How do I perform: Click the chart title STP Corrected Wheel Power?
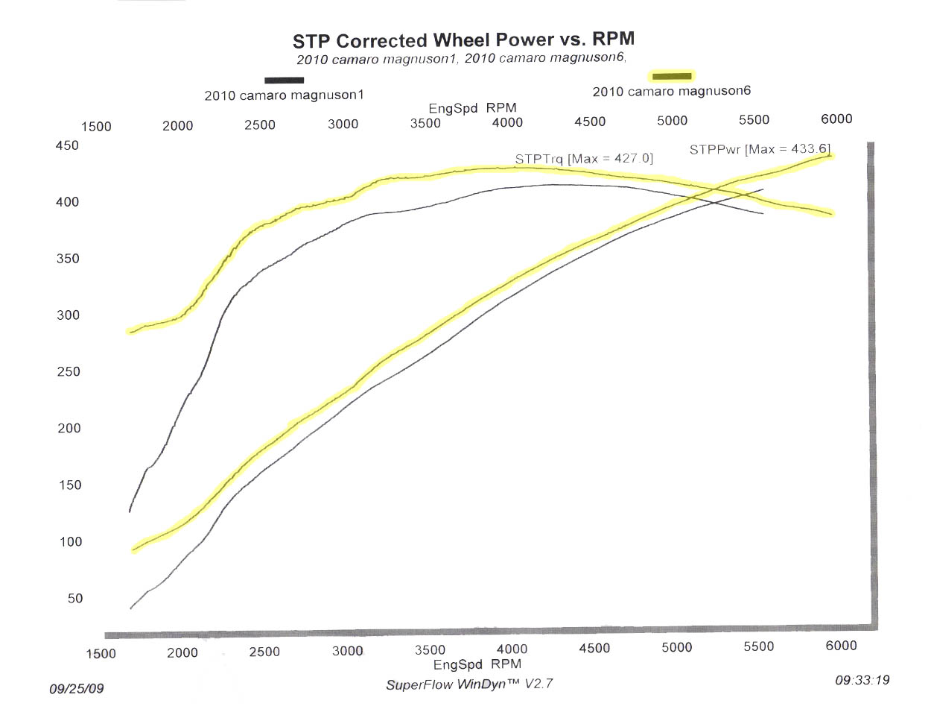point(463,40)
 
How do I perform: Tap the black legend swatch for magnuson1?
point(284,80)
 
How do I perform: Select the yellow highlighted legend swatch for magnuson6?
point(672,75)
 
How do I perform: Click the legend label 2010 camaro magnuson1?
point(284,95)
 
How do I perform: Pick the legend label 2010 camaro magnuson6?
point(671,91)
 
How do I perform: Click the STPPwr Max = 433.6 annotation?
point(759,149)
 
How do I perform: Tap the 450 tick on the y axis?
point(67,145)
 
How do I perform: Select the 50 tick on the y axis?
point(75,598)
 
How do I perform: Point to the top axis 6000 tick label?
point(836,119)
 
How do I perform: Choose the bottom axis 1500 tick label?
point(101,654)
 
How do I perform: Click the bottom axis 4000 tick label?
point(512,649)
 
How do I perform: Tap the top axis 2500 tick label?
point(260,125)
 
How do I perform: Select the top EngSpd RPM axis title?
point(472,108)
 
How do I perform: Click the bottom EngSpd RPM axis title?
point(477,664)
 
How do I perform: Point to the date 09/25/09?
point(77,688)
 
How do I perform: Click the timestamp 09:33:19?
point(862,679)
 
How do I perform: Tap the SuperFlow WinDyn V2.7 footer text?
point(469,684)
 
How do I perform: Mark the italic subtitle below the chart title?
point(461,58)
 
